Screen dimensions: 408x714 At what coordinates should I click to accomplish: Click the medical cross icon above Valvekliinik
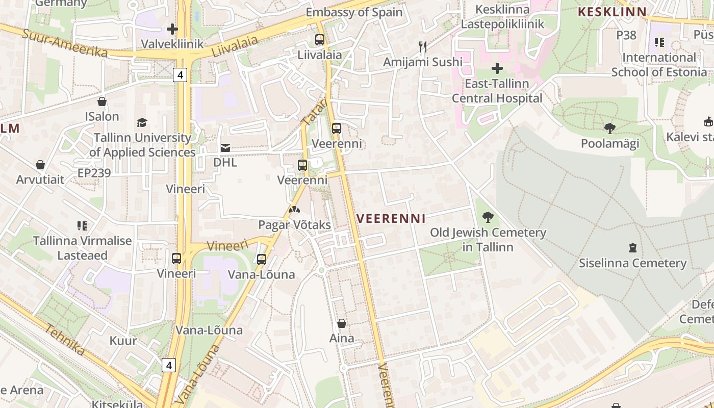172,29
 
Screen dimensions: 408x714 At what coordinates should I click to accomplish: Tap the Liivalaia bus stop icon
320,39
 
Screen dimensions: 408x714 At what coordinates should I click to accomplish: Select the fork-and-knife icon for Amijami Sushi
422,47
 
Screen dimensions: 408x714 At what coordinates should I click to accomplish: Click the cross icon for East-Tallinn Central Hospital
497,68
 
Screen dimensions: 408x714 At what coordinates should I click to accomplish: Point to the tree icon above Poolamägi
609,129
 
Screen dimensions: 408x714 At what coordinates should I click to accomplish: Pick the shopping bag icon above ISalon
102,101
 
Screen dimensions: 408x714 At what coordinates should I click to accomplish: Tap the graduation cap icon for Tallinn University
142,123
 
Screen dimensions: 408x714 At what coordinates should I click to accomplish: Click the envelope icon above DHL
225,148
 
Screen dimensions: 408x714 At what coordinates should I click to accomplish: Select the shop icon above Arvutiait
40,165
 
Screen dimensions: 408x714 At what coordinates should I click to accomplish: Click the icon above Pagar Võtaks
294,210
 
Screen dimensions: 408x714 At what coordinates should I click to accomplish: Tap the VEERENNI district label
391,219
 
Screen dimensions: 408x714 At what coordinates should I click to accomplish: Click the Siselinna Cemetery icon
632,248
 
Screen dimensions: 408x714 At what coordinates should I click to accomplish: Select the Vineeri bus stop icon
176,259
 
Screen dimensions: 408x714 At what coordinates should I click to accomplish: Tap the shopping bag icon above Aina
342,323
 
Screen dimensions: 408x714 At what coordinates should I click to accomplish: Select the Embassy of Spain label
354,12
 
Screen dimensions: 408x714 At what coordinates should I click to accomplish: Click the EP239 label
94,173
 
